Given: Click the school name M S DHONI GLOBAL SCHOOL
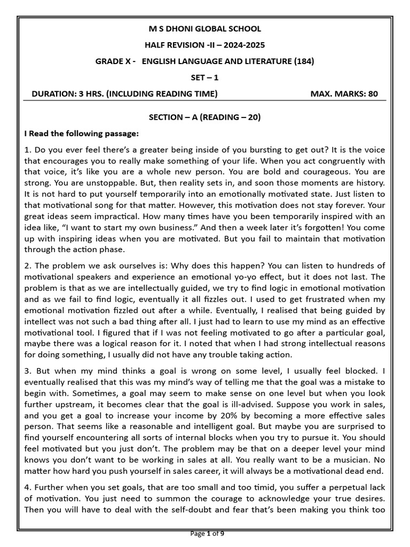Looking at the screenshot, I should [x=204, y=29].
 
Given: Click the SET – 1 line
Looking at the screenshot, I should [x=204, y=77].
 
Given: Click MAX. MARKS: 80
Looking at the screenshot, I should [x=344, y=94].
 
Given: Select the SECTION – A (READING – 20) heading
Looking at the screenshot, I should [x=204, y=117].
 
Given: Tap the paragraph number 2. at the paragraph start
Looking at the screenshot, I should [x=29, y=266].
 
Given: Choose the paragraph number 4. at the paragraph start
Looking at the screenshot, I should [x=29, y=488].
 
